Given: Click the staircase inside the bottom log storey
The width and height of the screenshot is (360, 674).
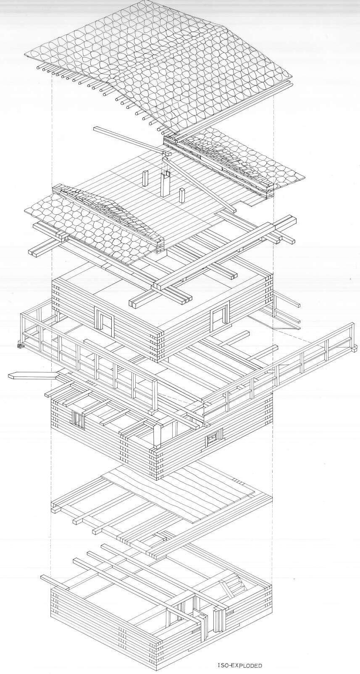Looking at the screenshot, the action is coord(233,587).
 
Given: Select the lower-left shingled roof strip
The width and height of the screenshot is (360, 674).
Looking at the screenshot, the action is coord(92,223).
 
